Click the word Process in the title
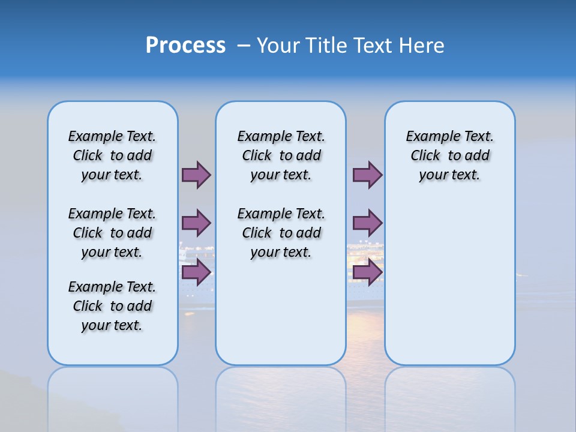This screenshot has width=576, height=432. (x=185, y=46)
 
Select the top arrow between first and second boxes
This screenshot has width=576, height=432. (x=196, y=175)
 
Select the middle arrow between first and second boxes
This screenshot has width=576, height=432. (x=196, y=223)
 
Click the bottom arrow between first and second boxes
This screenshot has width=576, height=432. (x=196, y=272)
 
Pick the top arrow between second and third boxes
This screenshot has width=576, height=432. (x=367, y=175)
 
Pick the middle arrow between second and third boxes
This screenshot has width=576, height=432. (x=367, y=223)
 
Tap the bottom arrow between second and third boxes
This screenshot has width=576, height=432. (x=367, y=272)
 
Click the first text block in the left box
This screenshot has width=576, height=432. (x=112, y=155)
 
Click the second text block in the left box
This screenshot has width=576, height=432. (x=112, y=233)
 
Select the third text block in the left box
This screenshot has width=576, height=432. (x=112, y=306)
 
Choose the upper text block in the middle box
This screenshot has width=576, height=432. (x=281, y=155)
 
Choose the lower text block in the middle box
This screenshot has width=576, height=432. (x=281, y=233)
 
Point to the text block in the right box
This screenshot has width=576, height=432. (x=449, y=155)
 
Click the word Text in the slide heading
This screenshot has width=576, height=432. (x=372, y=46)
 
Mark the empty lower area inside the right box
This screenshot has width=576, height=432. (x=449, y=282)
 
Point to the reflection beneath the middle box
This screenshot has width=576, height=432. (x=281, y=396)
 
